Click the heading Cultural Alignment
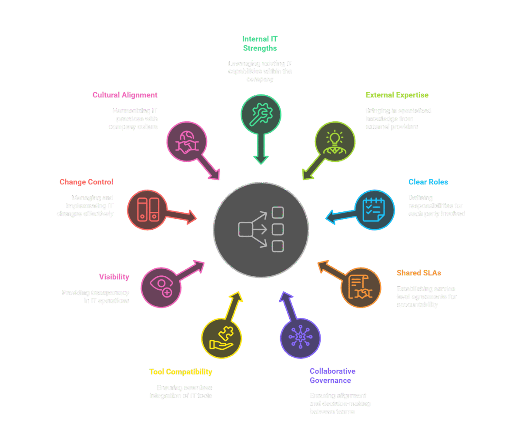tap(125, 95)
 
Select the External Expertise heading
tap(397, 95)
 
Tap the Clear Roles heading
tap(428, 182)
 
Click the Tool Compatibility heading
tap(181, 372)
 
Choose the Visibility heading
tap(114, 277)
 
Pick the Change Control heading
tap(86, 182)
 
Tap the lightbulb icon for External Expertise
tap(335, 142)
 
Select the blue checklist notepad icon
tap(375, 209)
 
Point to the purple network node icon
tap(300, 338)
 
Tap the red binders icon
tap(148, 210)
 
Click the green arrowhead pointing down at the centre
tap(261, 160)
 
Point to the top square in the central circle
tap(278, 213)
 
